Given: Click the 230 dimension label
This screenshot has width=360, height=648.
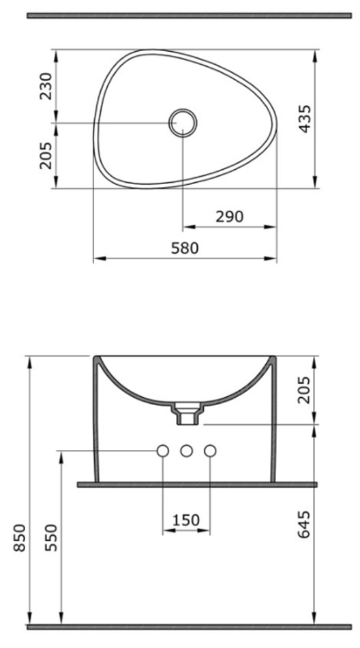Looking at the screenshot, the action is click(46, 86).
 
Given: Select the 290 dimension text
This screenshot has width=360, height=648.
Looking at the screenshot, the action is click(229, 216).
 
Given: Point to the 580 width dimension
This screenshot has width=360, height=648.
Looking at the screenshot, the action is click(185, 248).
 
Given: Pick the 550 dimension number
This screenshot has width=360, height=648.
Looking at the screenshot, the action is click(51, 537).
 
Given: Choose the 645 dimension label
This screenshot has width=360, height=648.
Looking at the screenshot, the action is click(304, 525).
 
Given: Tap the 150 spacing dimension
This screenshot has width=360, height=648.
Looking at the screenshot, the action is click(186, 520).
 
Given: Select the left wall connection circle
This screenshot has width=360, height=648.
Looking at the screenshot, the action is click(163, 451).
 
